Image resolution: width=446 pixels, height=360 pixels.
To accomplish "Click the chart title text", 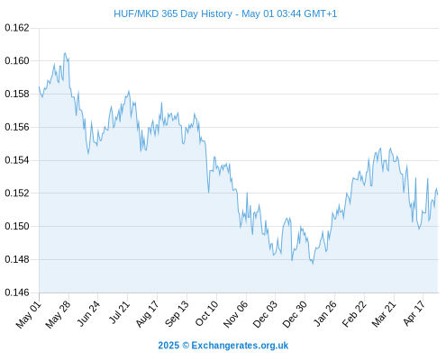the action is coord(225,13).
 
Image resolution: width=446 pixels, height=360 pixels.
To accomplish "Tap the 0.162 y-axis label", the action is coord(17,28).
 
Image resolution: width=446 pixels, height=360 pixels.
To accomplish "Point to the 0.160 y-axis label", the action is coord(17,61).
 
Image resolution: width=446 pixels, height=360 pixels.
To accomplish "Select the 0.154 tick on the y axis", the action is coord(17,160).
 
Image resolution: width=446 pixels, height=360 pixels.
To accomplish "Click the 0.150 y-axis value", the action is coord(17,226).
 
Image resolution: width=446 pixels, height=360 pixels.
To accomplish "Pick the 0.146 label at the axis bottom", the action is coord(17,292).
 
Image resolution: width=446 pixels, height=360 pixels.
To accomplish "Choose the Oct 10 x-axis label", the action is coord(207,313).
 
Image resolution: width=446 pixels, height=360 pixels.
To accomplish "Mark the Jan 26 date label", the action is coord(325,313).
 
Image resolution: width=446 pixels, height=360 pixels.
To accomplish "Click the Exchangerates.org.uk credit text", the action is coord(240,346).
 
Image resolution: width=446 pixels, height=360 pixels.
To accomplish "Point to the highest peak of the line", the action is coord(65,53).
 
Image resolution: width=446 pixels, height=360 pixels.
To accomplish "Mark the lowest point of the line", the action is coord(313,265).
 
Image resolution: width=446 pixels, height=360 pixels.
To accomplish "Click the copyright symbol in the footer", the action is coord(186,346).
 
